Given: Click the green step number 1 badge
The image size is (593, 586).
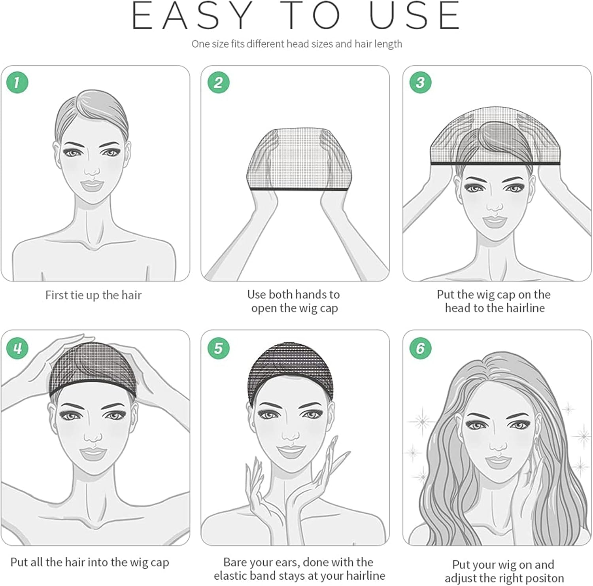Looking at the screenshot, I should click(17, 82).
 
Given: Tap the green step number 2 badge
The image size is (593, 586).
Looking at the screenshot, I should click(218, 82).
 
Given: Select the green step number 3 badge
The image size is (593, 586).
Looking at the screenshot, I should click(420, 82).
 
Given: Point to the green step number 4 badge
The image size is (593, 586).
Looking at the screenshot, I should click(17, 348).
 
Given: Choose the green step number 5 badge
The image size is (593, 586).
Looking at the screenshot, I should click(218, 348).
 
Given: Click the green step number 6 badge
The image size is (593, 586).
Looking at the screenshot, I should click(420, 348).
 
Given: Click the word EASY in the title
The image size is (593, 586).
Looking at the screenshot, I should click(191, 16).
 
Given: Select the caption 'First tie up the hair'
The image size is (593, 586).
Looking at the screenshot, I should click(93, 295).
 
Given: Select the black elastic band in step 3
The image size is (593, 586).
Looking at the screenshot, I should click(495, 163).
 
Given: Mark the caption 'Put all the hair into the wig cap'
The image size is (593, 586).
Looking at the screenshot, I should click(90, 562).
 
